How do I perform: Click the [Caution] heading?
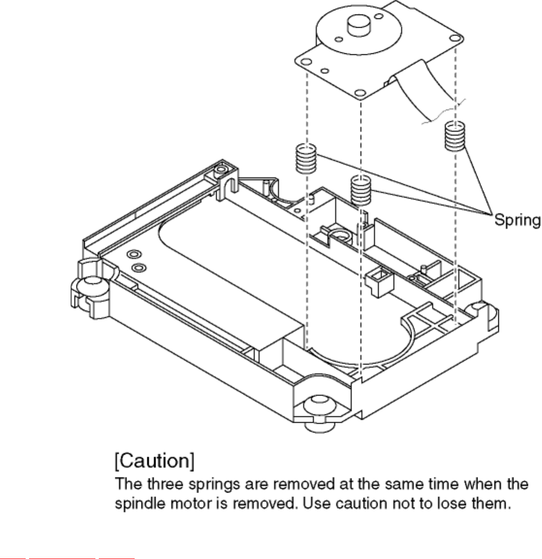coord(154,461)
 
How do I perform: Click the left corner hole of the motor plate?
coord(305,62)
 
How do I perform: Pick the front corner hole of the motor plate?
coord(359,93)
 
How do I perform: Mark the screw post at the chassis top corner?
coord(221,170)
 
